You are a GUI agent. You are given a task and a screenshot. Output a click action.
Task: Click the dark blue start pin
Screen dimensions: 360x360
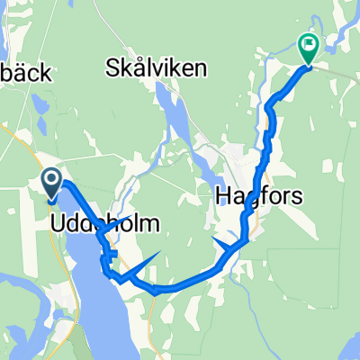[x=50, y=185]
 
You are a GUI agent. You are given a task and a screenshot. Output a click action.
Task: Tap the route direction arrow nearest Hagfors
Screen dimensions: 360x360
[x=223, y=241]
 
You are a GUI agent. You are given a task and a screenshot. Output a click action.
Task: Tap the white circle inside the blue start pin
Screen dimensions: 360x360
[x=50, y=181]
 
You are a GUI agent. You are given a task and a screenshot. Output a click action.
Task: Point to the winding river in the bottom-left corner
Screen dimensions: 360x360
[x=22, y=288]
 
